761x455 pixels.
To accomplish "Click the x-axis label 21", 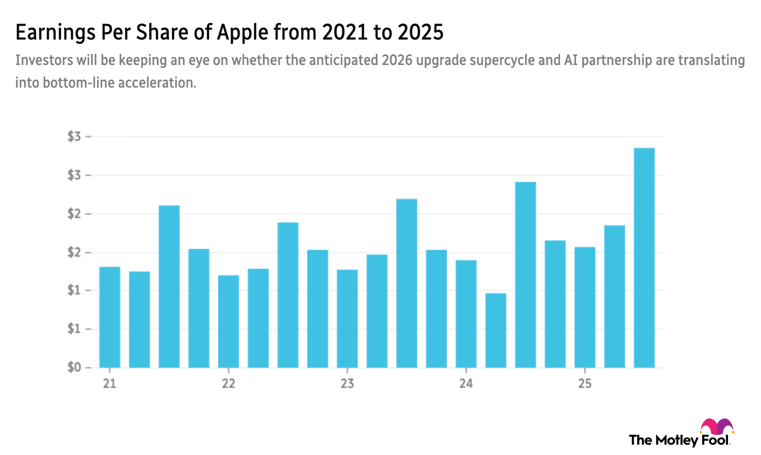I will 110,383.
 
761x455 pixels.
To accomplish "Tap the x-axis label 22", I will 228,383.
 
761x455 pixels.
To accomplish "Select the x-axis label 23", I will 347,383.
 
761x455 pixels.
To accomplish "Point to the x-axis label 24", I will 466,383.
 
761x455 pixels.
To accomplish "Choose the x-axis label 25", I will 584,383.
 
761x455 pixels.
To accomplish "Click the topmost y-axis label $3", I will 74,137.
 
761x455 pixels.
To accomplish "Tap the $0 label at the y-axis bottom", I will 74,366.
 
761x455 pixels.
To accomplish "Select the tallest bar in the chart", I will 644,257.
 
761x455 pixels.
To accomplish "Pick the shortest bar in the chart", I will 495,330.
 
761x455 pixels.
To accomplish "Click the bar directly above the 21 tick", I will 110,316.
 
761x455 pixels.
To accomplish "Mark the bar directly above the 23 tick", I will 347,318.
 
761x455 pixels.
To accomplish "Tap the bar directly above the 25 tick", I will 584,307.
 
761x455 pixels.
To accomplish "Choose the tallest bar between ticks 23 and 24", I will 406,283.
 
